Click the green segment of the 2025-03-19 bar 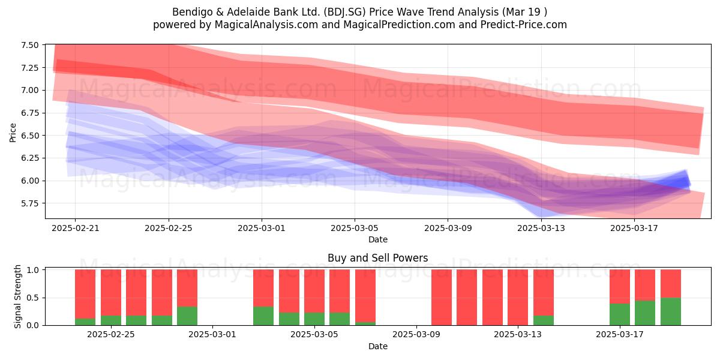(671, 311)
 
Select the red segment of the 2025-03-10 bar (442, 298)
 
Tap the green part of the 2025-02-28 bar (187, 316)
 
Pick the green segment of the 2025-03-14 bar (543, 320)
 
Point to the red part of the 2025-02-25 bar (111, 293)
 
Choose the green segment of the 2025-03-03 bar (263, 316)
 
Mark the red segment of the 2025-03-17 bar (620, 286)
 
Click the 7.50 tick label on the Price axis (29, 45)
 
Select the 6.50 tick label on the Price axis (29, 136)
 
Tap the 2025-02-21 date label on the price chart (75, 228)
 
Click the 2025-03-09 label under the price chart (448, 228)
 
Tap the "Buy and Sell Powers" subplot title (377, 258)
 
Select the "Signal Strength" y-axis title (17, 296)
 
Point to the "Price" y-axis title (13, 133)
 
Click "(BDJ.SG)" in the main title (344, 12)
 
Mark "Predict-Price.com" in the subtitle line (524, 25)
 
